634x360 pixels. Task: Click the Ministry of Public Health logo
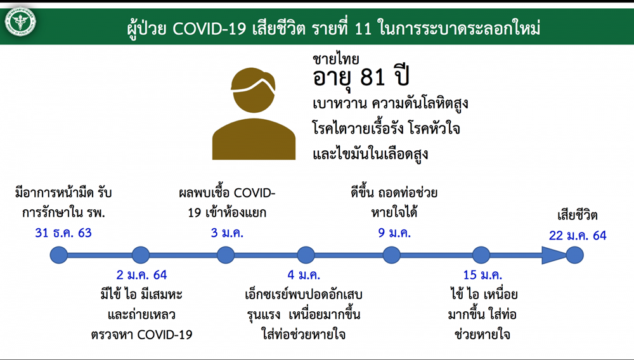[x=20, y=21]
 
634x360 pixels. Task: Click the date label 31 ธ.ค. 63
[x=63, y=233]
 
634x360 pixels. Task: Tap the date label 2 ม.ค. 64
[x=141, y=274]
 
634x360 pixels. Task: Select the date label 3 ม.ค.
[x=227, y=233]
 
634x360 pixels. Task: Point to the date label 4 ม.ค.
[x=304, y=274]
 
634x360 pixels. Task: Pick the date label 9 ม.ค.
[x=394, y=233]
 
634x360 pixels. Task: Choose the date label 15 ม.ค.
[x=482, y=274]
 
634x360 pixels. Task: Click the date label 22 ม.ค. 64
[x=578, y=236]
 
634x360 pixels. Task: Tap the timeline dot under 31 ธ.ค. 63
[x=59, y=255]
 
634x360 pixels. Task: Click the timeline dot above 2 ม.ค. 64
[x=141, y=255]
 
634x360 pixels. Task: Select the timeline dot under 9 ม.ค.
[x=391, y=255]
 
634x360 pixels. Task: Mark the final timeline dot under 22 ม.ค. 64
[x=574, y=255]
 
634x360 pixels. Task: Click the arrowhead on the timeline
[x=554, y=255]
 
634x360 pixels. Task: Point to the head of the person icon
[x=253, y=90]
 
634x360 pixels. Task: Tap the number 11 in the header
[x=363, y=29]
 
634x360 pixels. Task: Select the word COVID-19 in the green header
[x=209, y=29]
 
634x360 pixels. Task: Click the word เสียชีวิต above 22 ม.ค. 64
[x=578, y=215]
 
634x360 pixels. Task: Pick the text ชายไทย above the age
[x=335, y=60]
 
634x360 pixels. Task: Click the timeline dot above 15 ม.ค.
[x=481, y=255]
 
